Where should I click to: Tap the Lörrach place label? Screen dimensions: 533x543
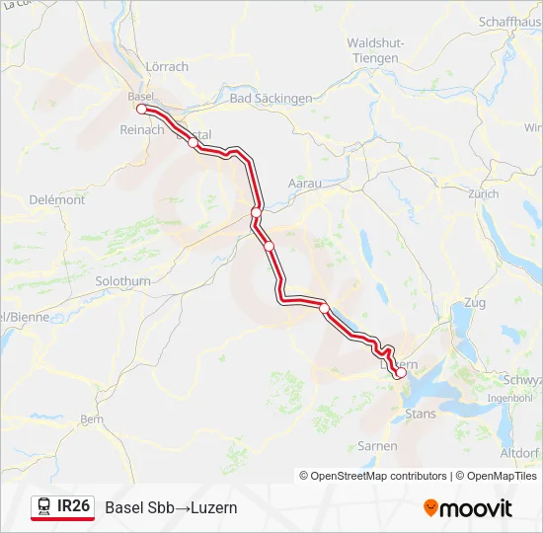pyautogui.click(x=167, y=67)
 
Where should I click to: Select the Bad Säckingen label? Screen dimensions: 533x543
pyautogui.click(x=270, y=99)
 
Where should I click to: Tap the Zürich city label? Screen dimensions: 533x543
pyautogui.click(x=484, y=194)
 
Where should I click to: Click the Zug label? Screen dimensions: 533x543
pyautogui.click(x=474, y=302)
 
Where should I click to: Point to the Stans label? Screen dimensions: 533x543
pyautogui.click(x=421, y=414)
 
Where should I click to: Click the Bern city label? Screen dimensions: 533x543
pyautogui.click(x=92, y=419)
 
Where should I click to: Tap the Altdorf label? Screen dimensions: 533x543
pyautogui.click(x=519, y=453)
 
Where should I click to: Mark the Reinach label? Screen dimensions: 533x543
pyautogui.click(x=141, y=129)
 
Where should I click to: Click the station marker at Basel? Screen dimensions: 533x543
pyautogui.click(x=141, y=110)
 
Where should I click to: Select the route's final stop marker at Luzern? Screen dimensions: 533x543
pyautogui.click(x=400, y=373)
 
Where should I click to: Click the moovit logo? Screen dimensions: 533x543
pyautogui.click(x=468, y=508)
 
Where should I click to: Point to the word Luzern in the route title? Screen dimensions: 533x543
pyautogui.click(x=215, y=507)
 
